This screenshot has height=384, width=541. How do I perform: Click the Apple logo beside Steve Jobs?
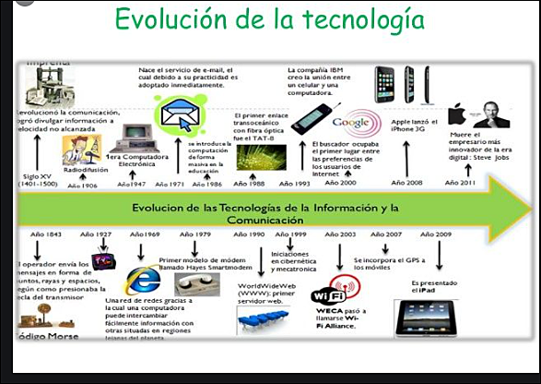(x=457, y=115)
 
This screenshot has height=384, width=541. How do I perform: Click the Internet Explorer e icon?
(x=142, y=280)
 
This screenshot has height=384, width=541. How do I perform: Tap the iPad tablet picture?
(x=424, y=318)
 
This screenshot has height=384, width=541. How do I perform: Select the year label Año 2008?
(x=404, y=183)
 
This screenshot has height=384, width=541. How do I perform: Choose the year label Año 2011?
(x=460, y=183)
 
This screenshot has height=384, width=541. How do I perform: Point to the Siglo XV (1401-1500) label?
(x=39, y=178)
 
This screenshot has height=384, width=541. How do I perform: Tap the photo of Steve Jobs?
(x=490, y=115)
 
